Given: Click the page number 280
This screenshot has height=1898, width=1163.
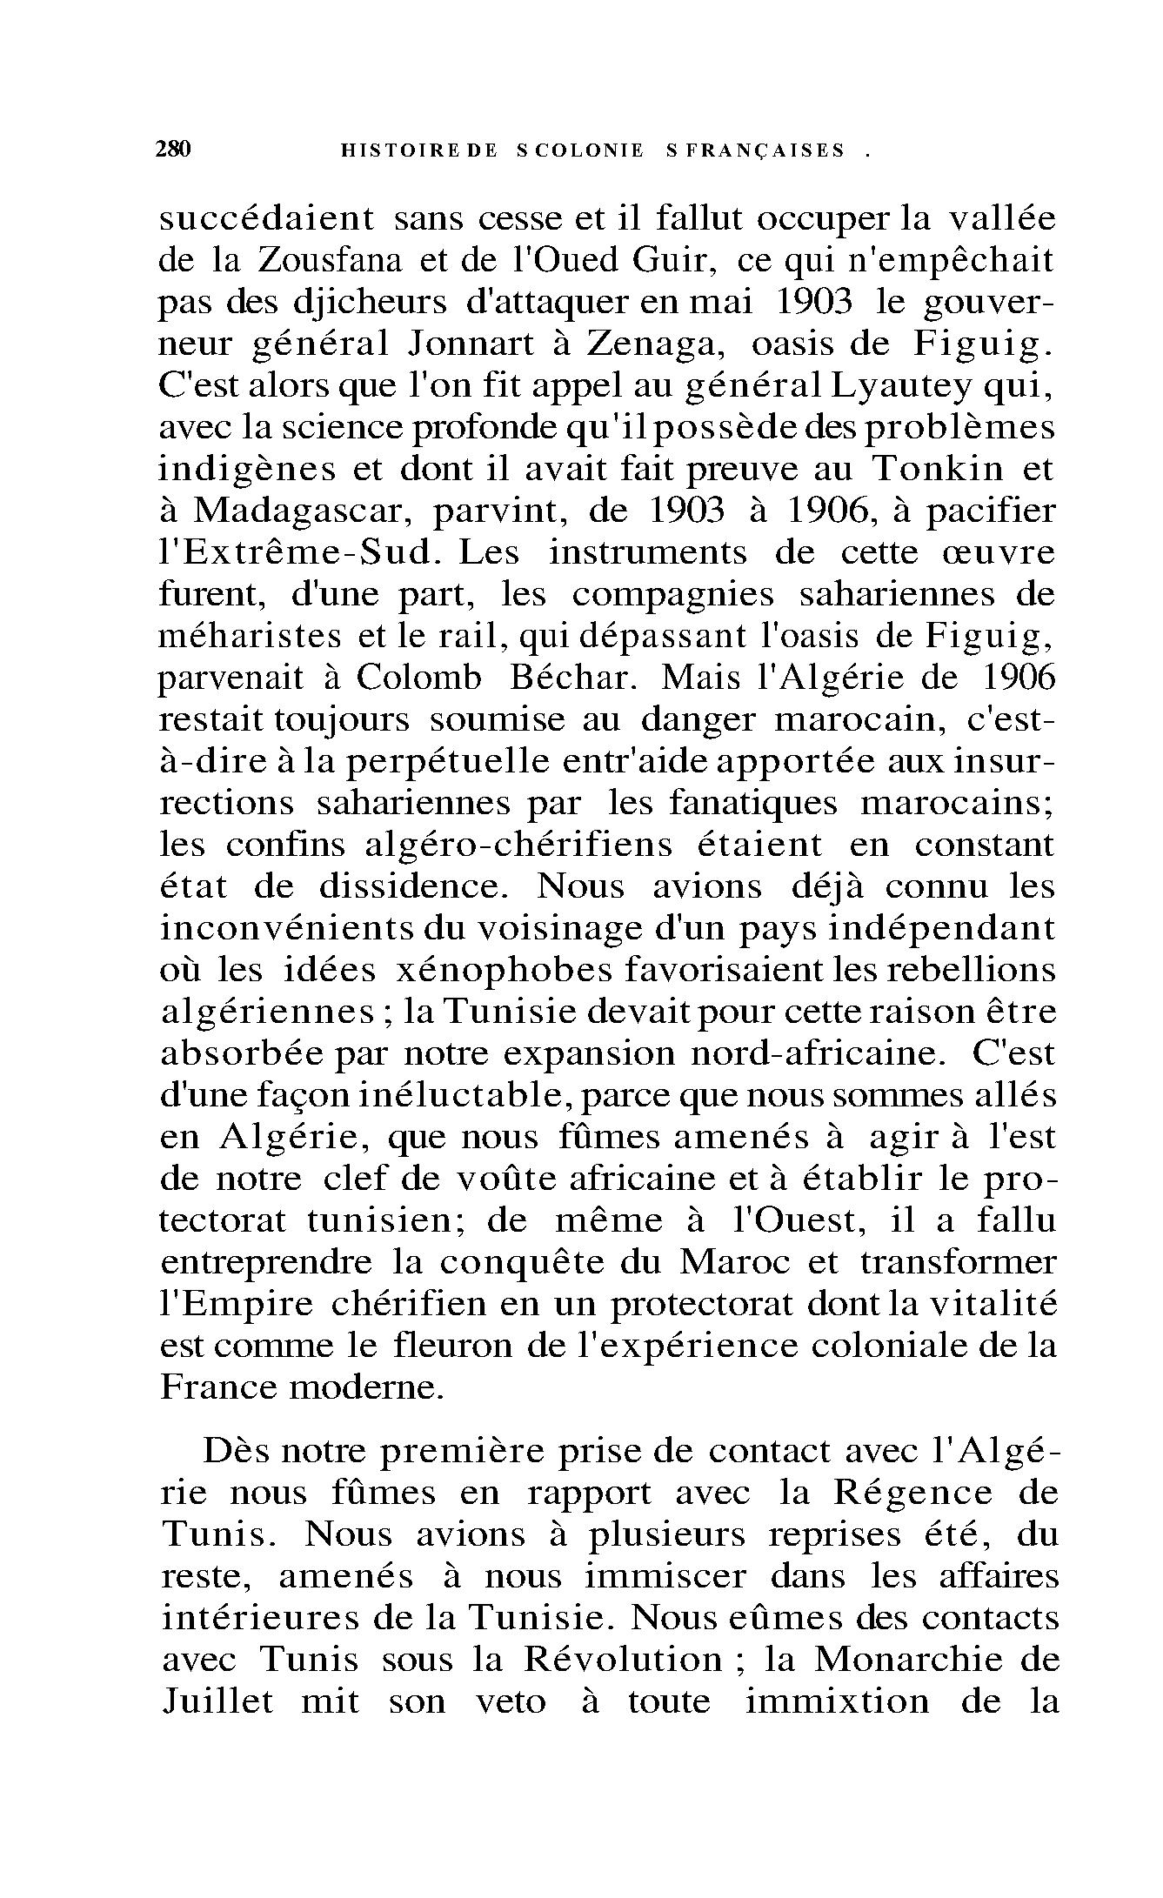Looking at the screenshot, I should [172, 150].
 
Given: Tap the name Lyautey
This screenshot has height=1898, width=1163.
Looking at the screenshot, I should [899, 386].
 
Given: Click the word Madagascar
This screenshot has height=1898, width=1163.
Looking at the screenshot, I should [301, 511].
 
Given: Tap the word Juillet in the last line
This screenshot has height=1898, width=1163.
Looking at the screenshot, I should [217, 1701].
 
